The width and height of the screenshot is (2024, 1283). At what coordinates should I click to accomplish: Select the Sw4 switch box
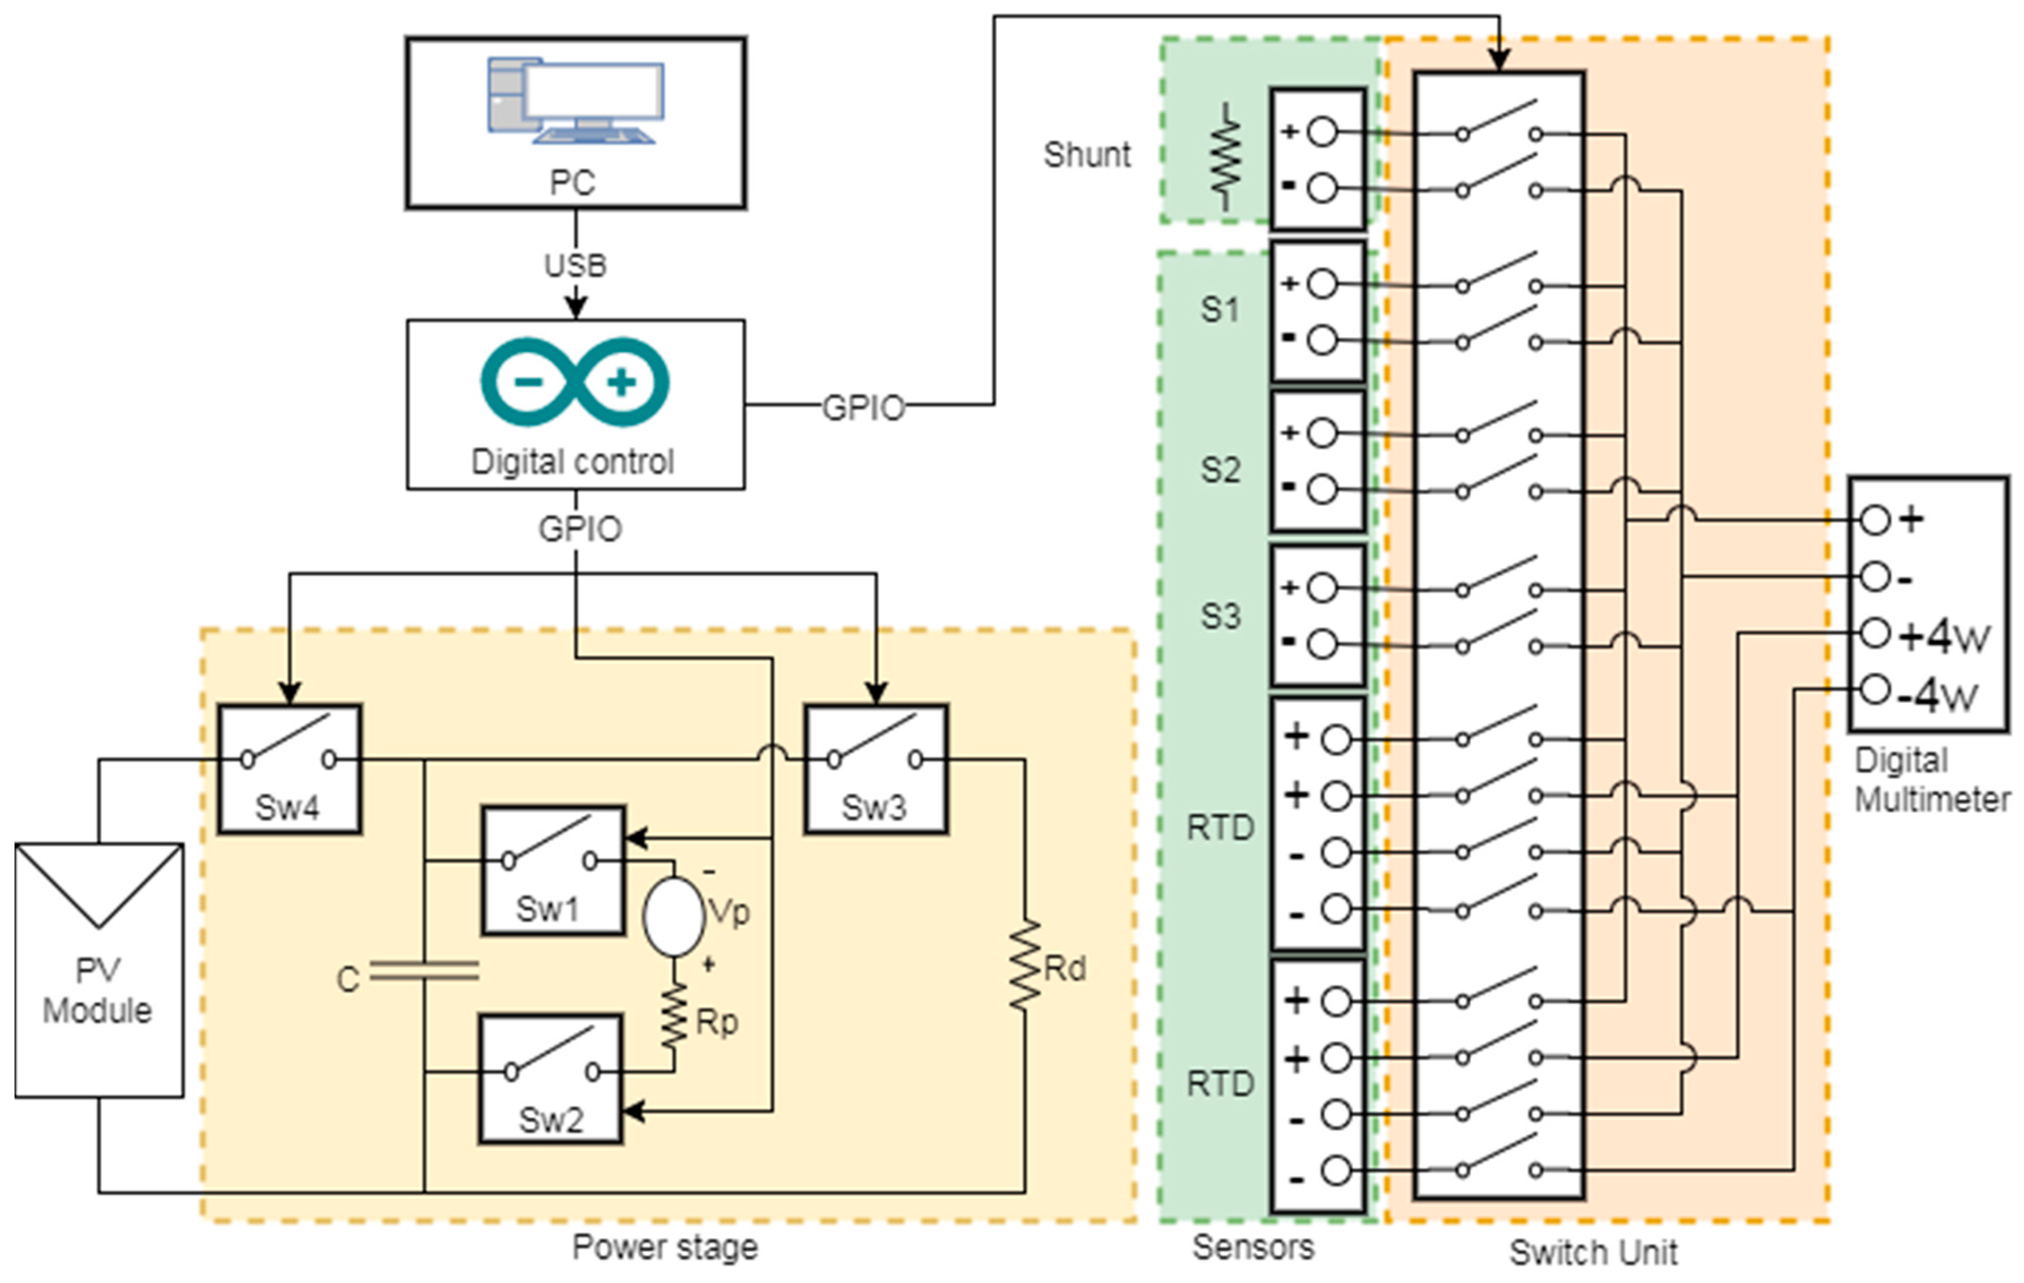point(290,769)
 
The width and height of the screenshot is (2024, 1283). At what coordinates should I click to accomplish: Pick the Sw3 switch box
point(876,769)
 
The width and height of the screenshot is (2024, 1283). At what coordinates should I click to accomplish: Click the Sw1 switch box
point(553,870)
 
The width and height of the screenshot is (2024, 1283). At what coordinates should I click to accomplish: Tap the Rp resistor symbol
point(674,1018)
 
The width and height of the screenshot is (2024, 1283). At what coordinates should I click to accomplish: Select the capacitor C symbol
point(424,971)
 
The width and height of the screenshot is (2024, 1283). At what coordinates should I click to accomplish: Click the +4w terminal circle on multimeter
point(1875,633)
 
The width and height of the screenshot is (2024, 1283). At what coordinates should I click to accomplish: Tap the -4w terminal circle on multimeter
point(1875,689)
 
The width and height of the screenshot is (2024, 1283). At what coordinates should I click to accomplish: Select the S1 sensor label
point(1220,310)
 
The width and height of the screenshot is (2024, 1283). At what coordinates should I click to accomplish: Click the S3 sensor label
point(1220,616)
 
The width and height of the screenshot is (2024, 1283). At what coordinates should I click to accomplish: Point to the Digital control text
point(572,462)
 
